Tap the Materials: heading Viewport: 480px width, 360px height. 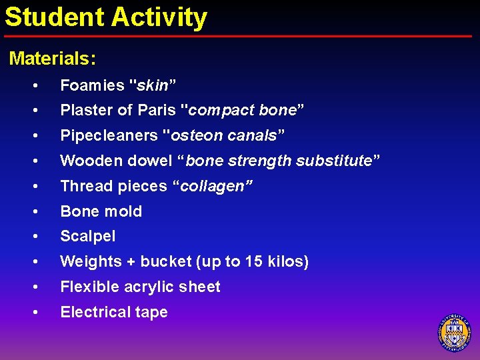[x=53, y=59]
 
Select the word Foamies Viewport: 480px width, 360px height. [x=93, y=85]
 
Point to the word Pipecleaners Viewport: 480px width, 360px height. [x=109, y=135]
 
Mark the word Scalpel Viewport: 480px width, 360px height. [x=88, y=236]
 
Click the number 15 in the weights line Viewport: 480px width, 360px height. [x=253, y=261]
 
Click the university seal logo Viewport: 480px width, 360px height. [x=455, y=331]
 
